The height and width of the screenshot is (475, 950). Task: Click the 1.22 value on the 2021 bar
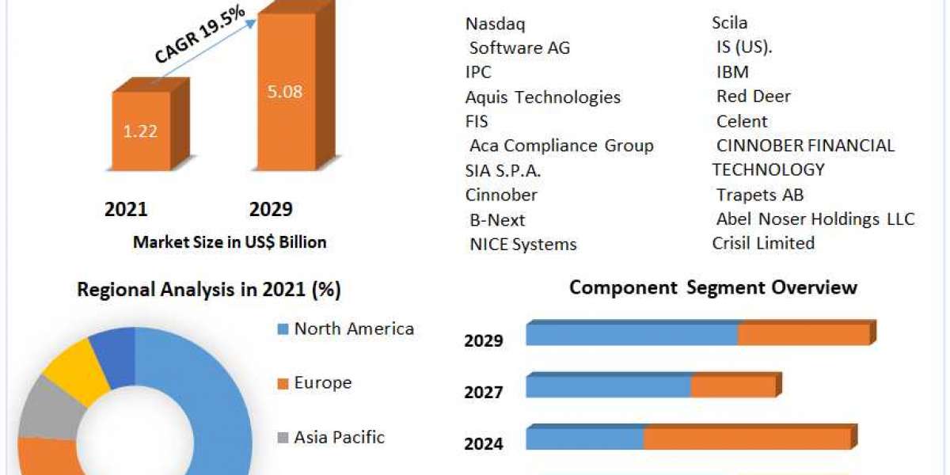pyautogui.click(x=139, y=131)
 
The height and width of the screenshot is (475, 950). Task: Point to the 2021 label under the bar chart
pyautogui.click(x=126, y=209)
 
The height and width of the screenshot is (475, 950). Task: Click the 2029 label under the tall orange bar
pyautogui.click(x=271, y=209)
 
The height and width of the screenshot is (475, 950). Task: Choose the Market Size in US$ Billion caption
pyautogui.click(x=230, y=242)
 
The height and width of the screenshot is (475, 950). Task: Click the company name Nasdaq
pyautogui.click(x=496, y=24)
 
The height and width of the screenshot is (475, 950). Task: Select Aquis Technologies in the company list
pyautogui.click(x=543, y=97)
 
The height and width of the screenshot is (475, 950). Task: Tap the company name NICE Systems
pyautogui.click(x=523, y=244)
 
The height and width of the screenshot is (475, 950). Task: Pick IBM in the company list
pyautogui.click(x=732, y=72)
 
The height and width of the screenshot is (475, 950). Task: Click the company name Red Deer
pyautogui.click(x=754, y=97)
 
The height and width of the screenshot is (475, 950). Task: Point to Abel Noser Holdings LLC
pyautogui.click(x=815, y=218)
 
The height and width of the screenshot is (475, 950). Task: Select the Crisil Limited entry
pyautogui.click(x=763, y=243)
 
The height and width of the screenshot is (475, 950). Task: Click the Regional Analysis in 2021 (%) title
pyautogui.click(x=209, y=290)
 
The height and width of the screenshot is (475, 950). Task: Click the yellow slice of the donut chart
pyautogui.click(x=78, y=367)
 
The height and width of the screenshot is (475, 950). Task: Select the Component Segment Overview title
pyautogui.click(x=713, y=287)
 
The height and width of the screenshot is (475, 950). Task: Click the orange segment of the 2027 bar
pyautogui.click(x=733, y=386)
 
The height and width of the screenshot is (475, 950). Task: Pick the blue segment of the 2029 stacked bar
pyautogui.click(x=632, y=335)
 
